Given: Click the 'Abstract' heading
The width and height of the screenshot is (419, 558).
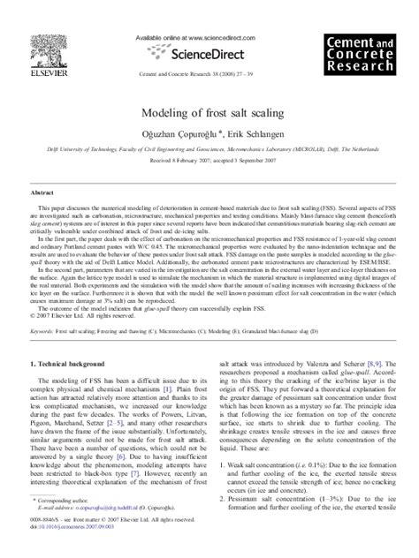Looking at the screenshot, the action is (44, 190).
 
